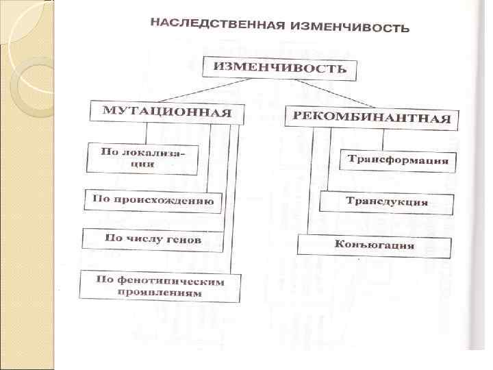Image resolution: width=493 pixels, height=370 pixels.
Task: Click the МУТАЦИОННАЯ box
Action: click(x=166, y=112)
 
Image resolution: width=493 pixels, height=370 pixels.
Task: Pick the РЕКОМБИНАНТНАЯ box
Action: click(x=372, y=117)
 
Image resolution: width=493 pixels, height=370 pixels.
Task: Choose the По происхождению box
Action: click(x=153, y=201)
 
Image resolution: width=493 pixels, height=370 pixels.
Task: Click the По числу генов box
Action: click(x=153, y=238)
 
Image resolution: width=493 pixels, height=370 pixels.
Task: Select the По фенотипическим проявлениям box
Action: click(x=160, y=286)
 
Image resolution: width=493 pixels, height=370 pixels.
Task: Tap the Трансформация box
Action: click(x=398, y=161)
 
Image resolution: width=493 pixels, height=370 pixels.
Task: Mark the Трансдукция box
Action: click(x=387, y=202)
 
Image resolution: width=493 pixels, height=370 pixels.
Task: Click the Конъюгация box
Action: click(x=374, y=245)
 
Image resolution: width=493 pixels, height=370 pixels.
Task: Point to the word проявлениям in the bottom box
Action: click(x=159, y=293)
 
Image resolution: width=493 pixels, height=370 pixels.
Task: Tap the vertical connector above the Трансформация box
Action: click(x=383, y=139)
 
